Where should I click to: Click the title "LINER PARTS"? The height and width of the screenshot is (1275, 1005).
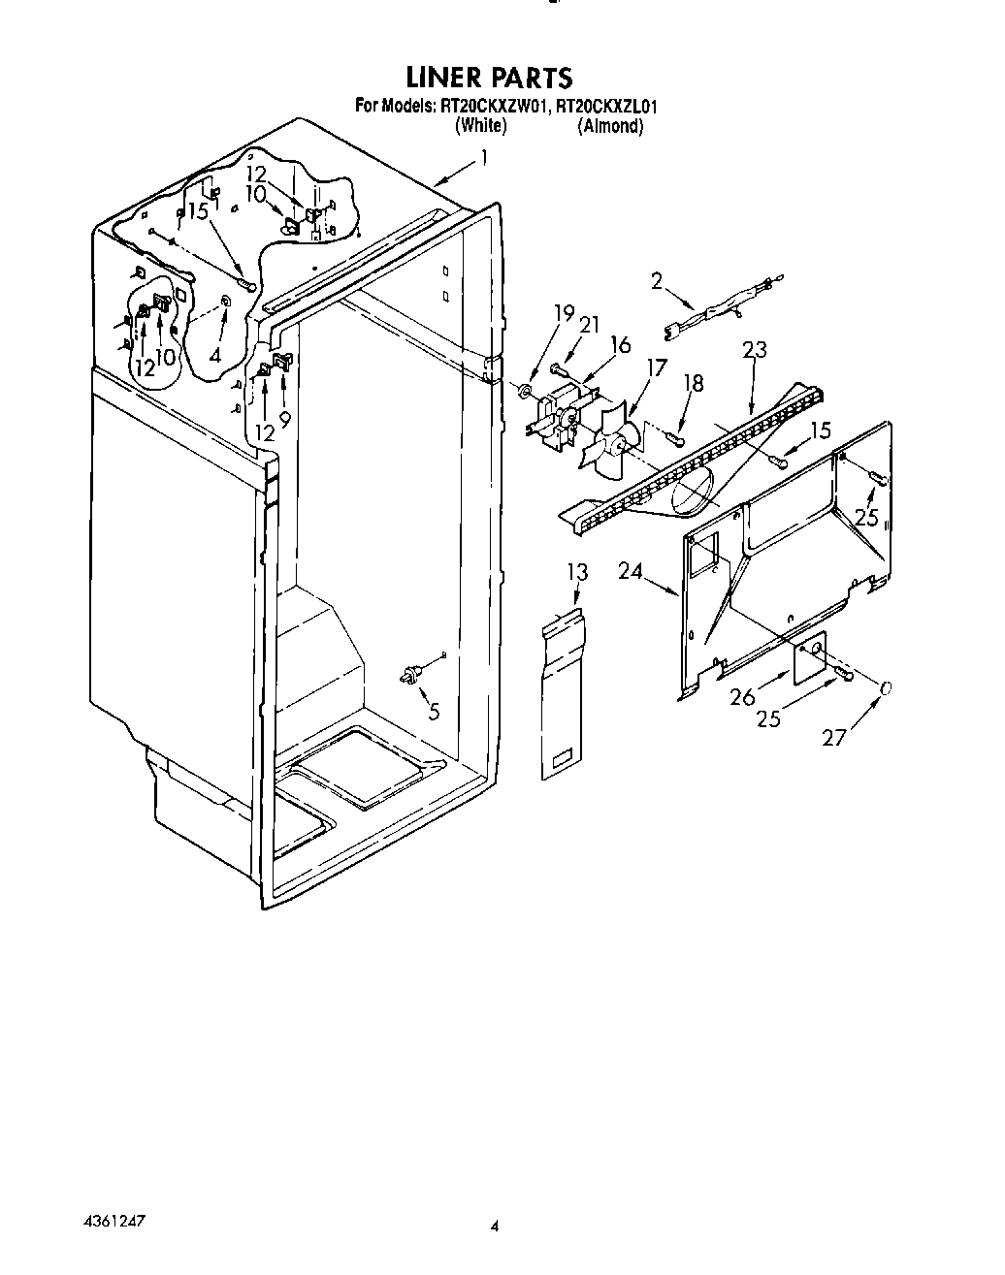489,77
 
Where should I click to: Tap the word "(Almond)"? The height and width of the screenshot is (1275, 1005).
610,126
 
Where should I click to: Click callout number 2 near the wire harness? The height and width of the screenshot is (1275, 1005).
657,281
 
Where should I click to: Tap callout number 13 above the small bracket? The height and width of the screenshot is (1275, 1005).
577,572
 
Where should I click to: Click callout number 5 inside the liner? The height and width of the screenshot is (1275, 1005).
434,711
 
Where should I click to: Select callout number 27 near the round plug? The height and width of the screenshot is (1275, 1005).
834,738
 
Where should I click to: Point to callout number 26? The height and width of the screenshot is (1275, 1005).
742,696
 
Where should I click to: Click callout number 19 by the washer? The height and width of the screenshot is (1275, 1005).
564,312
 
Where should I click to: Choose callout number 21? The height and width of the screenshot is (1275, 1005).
589,324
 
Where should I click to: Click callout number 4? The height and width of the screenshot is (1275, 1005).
214,355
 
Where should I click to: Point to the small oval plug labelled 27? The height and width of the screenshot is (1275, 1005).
885,688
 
